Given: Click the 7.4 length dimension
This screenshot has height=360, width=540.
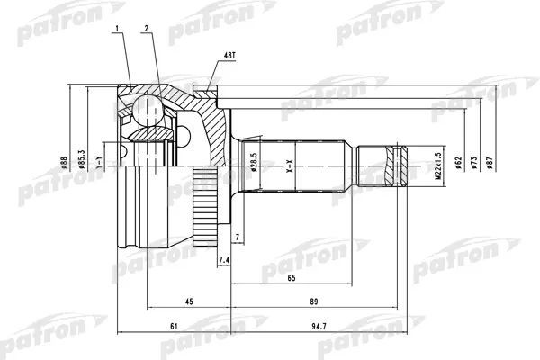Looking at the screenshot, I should point(225,260).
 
